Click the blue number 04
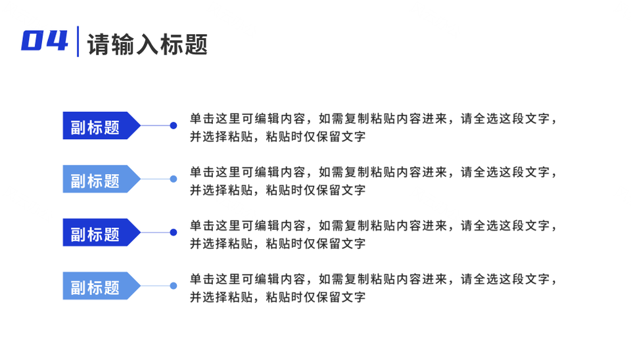[45, 41]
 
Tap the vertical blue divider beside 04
[78, 41]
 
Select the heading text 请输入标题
[147, 44]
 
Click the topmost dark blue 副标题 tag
[101, 125]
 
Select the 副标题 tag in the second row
[101, 179]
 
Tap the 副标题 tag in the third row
[101, 233]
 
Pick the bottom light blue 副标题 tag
[101, 286]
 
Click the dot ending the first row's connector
[174, 125]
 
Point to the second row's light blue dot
[174, 179]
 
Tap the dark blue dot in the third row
[174, 233]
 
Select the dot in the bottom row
[174, 286]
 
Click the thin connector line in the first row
[155, 125]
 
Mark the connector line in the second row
[155, 179]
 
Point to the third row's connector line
[155, 233]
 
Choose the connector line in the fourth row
[155, 286]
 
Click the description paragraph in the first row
[373, 127]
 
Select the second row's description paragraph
[373, 181]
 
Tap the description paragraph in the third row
[373, 235]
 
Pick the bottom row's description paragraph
[373, 288]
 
